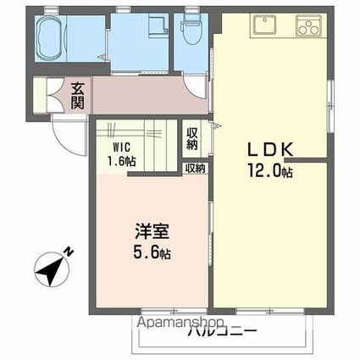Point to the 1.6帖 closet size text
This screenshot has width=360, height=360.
pyautogui.click(x=119, y=159)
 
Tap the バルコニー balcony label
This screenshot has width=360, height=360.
pyautogui.click(x=222, y=332)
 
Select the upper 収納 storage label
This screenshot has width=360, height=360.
pyautogui.click(x=193, y=137)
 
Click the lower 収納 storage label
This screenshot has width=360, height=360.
pyautogui.click(x=196, y=169)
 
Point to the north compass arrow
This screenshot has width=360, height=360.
pyautogui.click(x=48, y=269)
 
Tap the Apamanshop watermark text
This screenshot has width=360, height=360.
pyautogui.click(x=176, y=323)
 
